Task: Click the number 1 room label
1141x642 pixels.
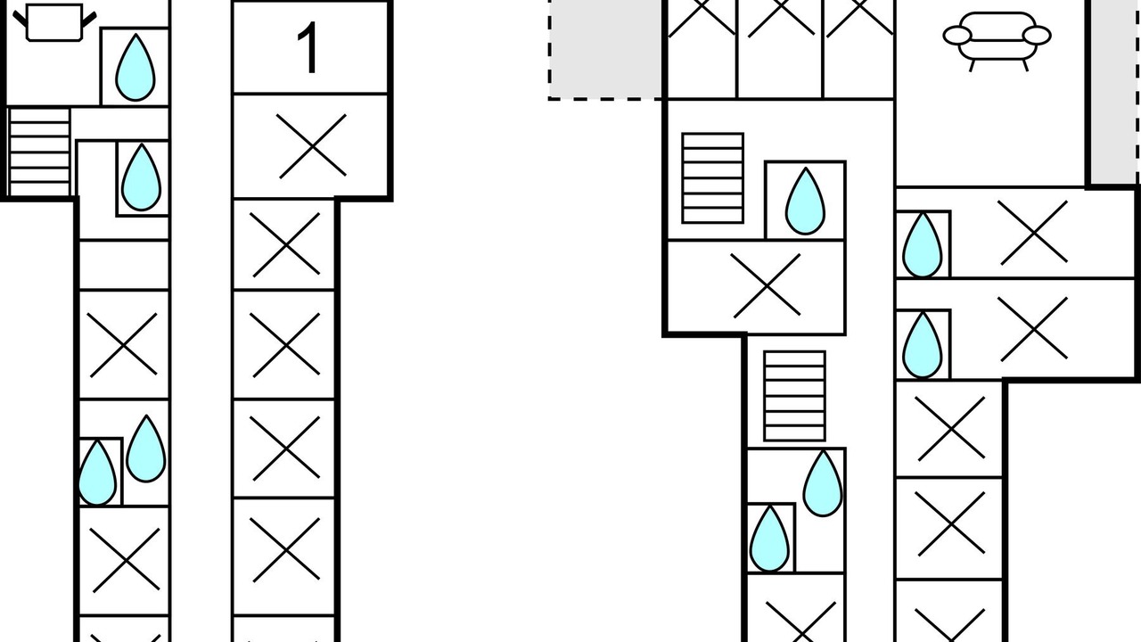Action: point(309,48)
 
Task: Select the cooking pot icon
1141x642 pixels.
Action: point(54,22)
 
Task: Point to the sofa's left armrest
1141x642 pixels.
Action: point(957,37)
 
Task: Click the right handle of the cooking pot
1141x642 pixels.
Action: point(88,20)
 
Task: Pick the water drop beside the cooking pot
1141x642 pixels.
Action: point(135,67)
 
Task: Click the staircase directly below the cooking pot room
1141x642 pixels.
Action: point(39,152)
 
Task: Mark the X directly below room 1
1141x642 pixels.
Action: point(312,146)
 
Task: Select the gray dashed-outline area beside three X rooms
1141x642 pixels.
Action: point(605,49)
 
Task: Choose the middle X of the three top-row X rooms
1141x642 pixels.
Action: point(780,18)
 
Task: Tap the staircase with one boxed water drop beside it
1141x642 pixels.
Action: point(712,178)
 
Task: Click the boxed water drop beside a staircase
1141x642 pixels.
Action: point(805,202)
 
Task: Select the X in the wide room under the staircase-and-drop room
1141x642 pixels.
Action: point(767,285)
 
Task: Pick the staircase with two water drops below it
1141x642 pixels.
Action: point(794,396)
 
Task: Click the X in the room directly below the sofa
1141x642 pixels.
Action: point(1032,233)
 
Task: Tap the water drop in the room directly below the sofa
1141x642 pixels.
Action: point(922,245)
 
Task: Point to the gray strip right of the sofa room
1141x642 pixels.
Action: point(1114,92)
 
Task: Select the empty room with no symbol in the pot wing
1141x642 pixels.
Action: point(124,265)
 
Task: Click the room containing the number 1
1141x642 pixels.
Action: point(310,47)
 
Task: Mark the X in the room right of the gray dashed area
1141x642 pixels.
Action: point(702,18)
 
